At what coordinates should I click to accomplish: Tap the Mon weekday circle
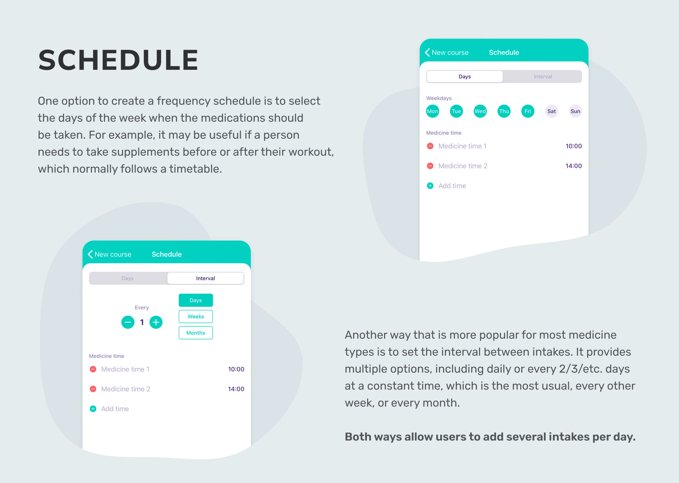(433, 111)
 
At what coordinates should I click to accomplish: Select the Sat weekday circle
(551, 111)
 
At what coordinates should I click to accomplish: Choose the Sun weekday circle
(575, 111)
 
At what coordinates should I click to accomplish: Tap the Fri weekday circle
(528, 111)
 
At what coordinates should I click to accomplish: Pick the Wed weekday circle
(480, 111)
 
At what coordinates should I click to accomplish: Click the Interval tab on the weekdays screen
(542, 76)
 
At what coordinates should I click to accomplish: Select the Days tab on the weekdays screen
(465, 76)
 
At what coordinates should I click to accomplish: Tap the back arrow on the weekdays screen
(427, 52)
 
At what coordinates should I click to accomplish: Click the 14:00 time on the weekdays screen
(573, 166)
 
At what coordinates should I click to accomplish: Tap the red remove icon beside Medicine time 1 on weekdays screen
(430, 146)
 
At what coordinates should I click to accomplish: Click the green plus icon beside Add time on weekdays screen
(430, 186)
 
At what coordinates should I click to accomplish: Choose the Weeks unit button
(196, 316)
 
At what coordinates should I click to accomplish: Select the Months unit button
(196, 333)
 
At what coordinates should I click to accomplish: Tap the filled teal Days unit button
(196, 300)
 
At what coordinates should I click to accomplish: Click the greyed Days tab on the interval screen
(128, 278)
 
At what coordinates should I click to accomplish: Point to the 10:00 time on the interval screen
(236, 369)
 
